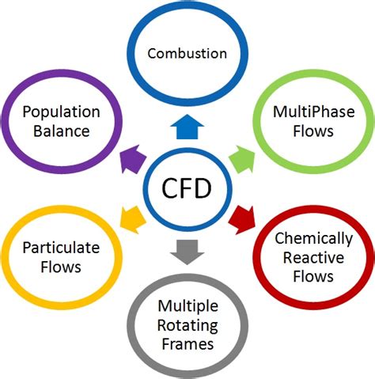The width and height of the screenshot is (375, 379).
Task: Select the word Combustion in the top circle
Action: point(188,55)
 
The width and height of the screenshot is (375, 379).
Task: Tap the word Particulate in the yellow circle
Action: point(61,248)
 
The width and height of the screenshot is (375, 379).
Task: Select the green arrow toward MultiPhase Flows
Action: point(243,158)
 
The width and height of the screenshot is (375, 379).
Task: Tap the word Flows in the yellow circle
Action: point(61,267)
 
